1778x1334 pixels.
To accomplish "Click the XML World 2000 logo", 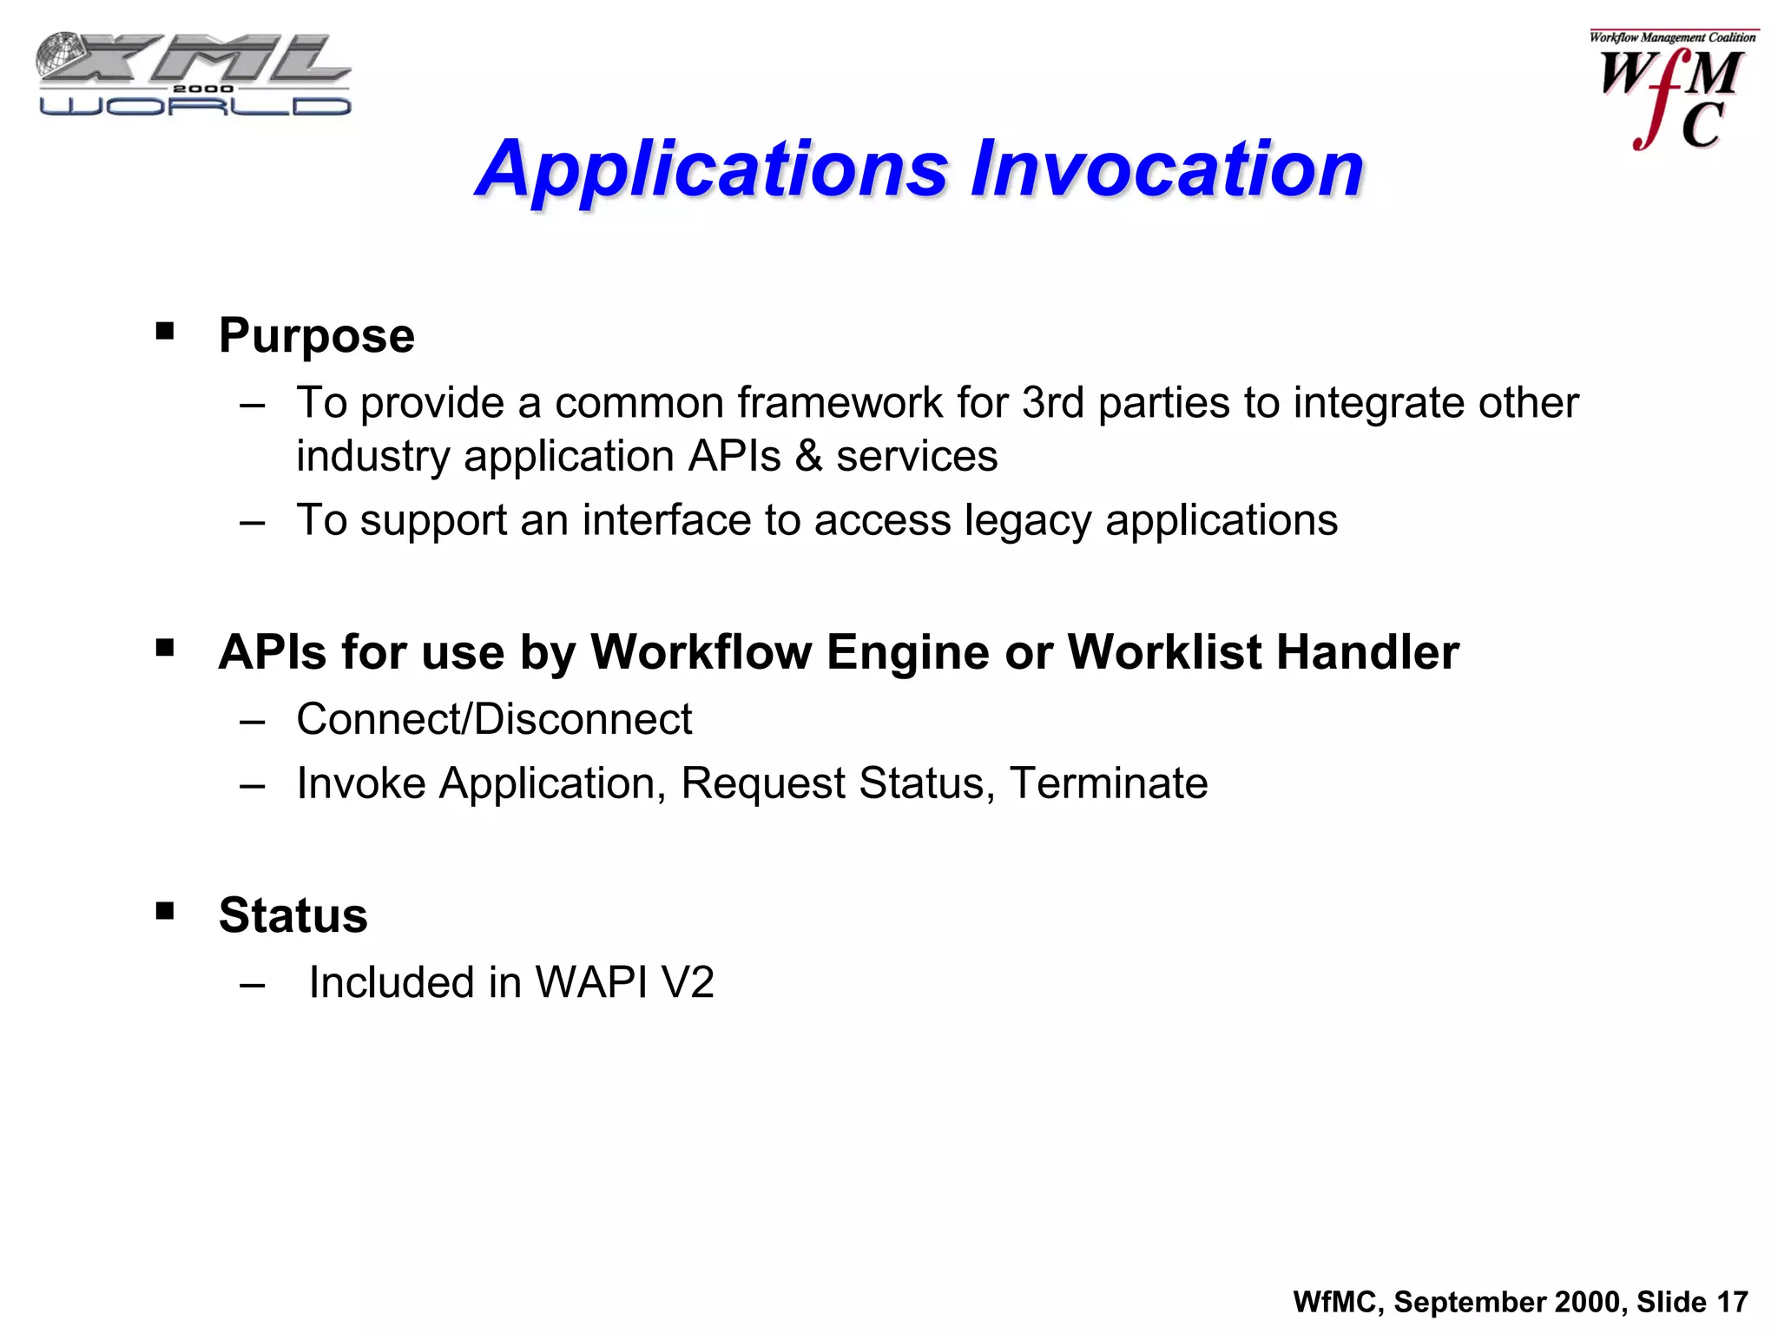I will point(194,75).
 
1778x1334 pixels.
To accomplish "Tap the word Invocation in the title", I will point(1166,169).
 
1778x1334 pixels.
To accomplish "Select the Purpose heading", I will point(316,335).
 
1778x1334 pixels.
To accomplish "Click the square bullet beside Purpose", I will point(165,331).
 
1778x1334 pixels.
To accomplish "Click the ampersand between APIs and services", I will point(808,457).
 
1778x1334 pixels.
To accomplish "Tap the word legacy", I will point(1028,521).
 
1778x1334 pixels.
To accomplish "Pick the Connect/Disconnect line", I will point(494,719).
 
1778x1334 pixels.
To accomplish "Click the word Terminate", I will point(1108,783).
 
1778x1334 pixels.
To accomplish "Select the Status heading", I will point(293,915).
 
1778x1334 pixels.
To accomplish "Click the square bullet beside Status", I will point(165,911).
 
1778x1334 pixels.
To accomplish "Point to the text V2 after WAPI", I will point(687,983).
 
